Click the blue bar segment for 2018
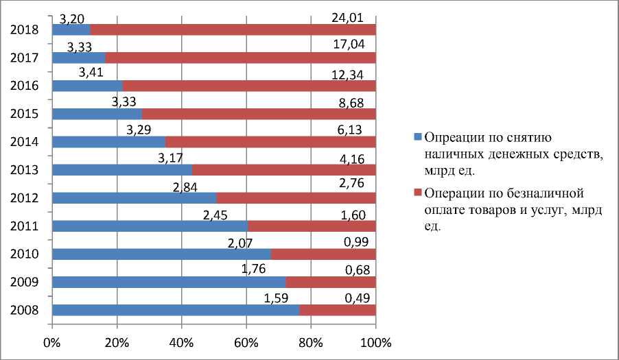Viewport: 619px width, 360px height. pos(71,29)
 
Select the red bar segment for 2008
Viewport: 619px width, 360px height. pos(338,310)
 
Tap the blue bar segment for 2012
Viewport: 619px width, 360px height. pos(135,198)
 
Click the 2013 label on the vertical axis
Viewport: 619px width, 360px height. pos(24,170)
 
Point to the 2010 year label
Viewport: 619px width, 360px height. pos(24,254)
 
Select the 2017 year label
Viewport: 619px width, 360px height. pos(24,58)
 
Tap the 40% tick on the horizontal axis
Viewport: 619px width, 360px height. pos(181,341)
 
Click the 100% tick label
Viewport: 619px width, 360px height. pos(375,341)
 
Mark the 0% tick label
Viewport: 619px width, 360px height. pos(52,341)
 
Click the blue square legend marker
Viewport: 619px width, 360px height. pos(417,136)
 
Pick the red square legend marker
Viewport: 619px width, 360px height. pos(417,193)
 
